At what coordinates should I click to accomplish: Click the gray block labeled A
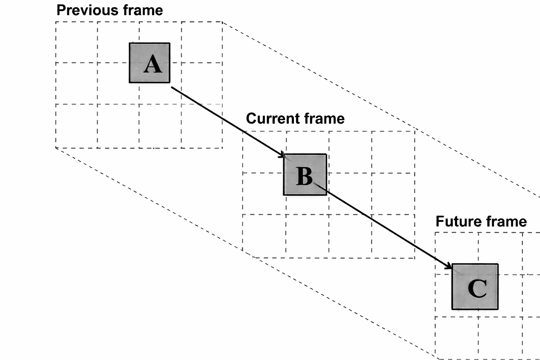tap(149, 63)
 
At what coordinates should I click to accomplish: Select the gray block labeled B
tap(305, 174)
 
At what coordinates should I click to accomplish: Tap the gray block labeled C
tap(475, 287)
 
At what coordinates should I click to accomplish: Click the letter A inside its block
tap(153, 65)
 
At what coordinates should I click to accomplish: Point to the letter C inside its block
tap(477, 289)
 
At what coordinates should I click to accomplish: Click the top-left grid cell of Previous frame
tap(76, 42)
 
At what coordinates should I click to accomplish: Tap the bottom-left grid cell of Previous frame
tap(76, 126)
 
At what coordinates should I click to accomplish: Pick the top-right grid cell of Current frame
tap(393, 152)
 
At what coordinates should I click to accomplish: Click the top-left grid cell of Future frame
tap(456, 253)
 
